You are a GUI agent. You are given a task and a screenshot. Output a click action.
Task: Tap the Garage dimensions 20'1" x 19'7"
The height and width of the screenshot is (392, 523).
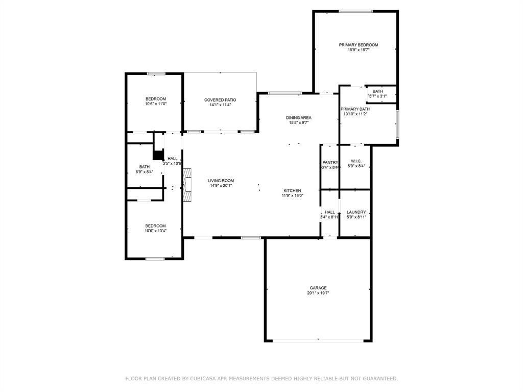click(318, 293)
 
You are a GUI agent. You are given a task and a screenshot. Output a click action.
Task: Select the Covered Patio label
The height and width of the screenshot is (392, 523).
click(220, 100)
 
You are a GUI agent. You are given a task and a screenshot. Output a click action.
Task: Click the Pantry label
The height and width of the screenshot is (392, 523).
click(330, 162)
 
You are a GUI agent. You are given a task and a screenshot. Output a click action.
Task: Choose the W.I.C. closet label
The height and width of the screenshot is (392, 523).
click(356, 161)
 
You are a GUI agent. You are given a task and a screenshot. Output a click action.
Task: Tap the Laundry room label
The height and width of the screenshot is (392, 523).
click(356, 212)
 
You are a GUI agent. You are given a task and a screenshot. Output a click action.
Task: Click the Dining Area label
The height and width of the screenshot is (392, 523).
click(299, 117)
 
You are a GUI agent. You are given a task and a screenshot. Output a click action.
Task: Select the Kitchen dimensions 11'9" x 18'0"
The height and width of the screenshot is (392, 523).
click(293, 195)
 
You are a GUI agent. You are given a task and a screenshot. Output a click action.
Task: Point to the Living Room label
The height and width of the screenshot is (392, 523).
click(221, 180)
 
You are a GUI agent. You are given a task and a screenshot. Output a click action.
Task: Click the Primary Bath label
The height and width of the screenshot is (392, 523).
click(355, 109)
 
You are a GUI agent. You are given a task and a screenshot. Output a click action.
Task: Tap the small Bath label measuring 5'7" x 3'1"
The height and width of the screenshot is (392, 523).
click(377, 91)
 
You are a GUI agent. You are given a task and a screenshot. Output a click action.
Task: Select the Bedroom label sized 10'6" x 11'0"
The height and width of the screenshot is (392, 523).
click(155, 99)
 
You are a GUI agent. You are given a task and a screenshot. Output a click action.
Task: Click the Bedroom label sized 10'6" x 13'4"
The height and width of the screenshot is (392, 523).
click(155, 226)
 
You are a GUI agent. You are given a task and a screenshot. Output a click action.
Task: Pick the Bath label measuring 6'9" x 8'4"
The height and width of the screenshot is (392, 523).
click(145, 166)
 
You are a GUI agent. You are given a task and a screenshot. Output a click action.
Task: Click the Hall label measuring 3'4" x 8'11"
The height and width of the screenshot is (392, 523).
click(330, 212)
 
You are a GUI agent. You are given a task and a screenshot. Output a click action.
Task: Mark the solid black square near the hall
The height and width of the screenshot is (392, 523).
click(158, 155)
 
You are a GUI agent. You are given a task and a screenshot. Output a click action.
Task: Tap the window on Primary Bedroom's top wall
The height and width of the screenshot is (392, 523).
click(355, 11)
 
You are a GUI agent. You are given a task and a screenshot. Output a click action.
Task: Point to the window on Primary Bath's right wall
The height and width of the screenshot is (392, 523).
click(397, 124)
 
